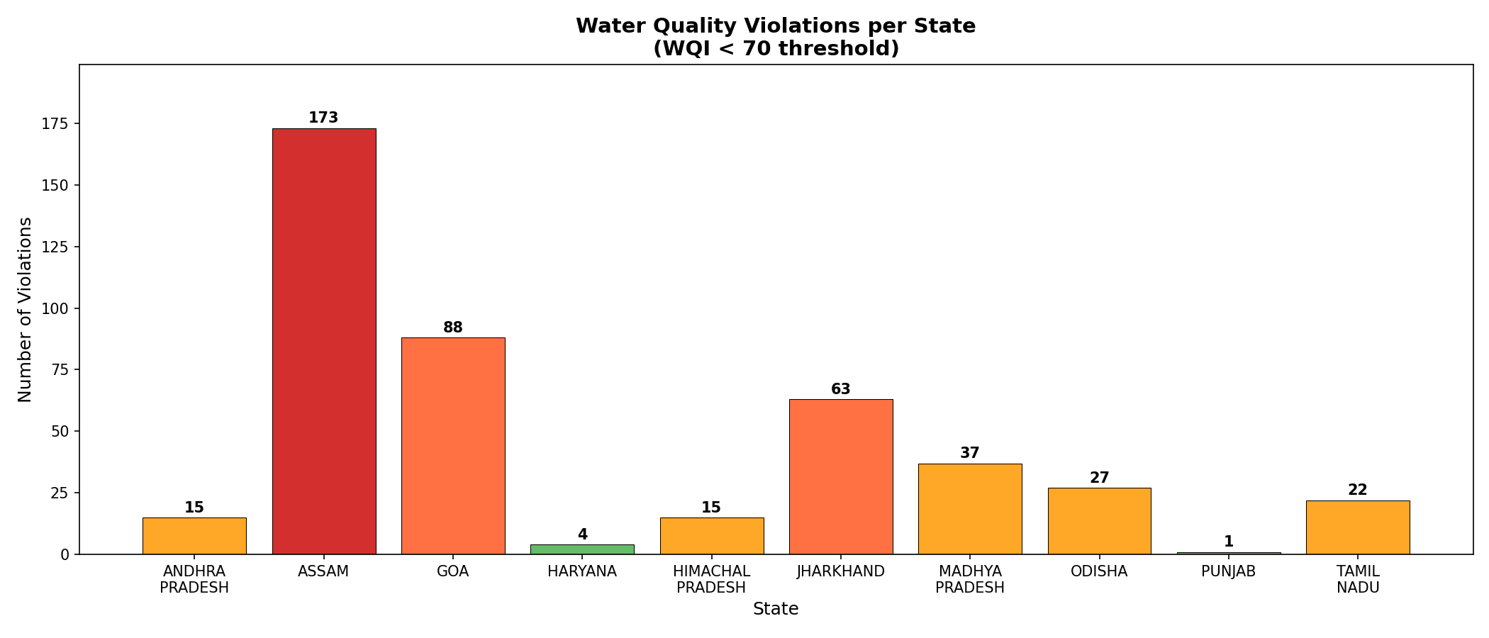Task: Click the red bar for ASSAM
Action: coord(324,341)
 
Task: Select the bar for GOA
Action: coord(453,446)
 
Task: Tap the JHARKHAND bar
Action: coord(841,476)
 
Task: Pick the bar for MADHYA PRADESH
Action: coord(970,509)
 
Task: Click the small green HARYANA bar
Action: coord(582,549)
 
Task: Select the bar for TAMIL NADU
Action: coord(1358,527)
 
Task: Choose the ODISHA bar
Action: coord(1099,521)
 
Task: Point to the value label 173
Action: coord(323,118)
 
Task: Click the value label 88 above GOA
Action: coord(453,328)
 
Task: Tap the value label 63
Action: coord(841,389)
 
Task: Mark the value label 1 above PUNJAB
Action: coord(1229,542)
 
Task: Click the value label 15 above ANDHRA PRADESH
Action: coord(194,508)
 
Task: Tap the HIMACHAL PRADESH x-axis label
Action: coord(711,579)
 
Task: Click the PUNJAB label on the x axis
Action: coord(1229,571)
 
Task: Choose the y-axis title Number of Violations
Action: coord(26,309)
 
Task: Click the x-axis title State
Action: coord(776,609)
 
